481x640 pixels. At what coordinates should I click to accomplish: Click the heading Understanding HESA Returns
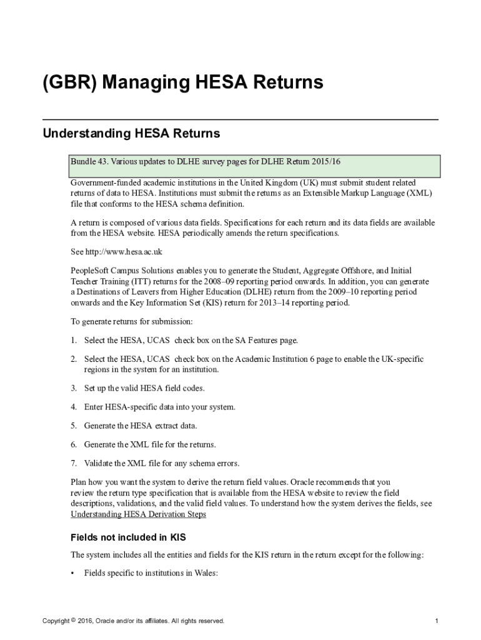pos(131,134)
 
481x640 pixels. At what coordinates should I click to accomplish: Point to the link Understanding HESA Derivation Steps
pos(138,514)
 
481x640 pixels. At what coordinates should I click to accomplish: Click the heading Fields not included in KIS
pos(128,537)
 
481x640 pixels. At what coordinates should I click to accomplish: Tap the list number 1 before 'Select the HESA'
pos(73,341)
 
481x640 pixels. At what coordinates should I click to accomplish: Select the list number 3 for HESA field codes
pos(73,388)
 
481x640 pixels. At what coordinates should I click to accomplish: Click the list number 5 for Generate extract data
pos(73,426)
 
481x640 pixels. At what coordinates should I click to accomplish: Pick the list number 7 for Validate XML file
pos(73,463)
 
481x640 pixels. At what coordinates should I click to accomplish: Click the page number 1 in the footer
pos(436,621)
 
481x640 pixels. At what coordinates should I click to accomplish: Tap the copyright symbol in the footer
pos(73,621)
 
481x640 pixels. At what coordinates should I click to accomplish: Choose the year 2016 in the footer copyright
pos(85,621)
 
